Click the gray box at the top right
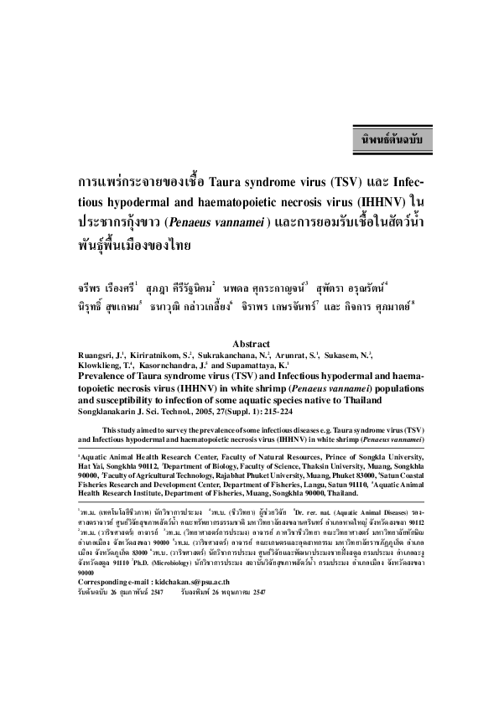pos(391,136)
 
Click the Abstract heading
pos(250,344)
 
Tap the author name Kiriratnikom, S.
pos(165,355)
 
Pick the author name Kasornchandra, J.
pos(172,366)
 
